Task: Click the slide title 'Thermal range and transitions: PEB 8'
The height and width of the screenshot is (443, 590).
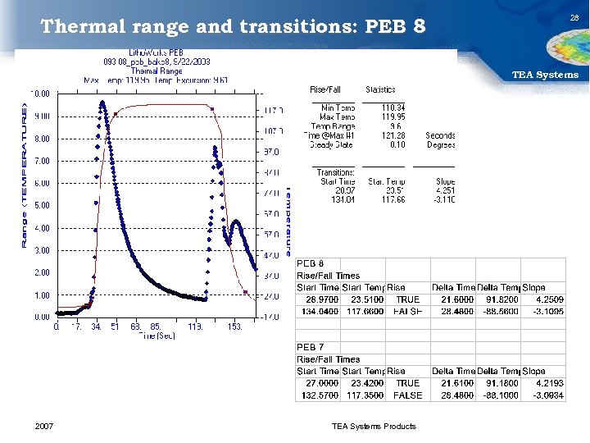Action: (x=234, y=27)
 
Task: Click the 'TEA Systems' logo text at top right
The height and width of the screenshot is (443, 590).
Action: (x=545, y=75)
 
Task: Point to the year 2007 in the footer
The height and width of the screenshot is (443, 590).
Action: (x=45, y=426)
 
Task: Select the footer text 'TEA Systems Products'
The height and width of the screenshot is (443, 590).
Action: (x=374, y=426)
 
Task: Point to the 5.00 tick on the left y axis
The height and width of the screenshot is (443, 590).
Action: (x=41, y=205)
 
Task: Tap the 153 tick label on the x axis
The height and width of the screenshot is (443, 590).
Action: (x=234, y=326)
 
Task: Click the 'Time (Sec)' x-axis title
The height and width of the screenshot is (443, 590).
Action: (x=157, y=336)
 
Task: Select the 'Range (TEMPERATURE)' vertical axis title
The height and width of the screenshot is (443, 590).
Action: (x=25, y=176)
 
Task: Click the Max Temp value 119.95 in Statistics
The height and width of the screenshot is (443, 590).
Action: (x=393, y=116)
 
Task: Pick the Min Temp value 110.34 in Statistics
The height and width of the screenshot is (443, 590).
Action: (x=393, y=107)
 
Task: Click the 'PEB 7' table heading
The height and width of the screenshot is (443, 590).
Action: (x=311, y=347)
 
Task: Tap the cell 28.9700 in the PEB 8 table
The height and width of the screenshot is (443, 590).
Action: (x=315, y=299)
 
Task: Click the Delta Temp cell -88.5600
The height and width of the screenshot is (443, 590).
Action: (x=498, y=312)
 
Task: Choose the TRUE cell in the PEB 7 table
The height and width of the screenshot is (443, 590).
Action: (x=407, y=383)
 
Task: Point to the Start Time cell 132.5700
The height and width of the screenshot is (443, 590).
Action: (x=315, y=395)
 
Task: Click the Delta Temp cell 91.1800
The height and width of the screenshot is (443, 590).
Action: (x=498, y=383)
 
